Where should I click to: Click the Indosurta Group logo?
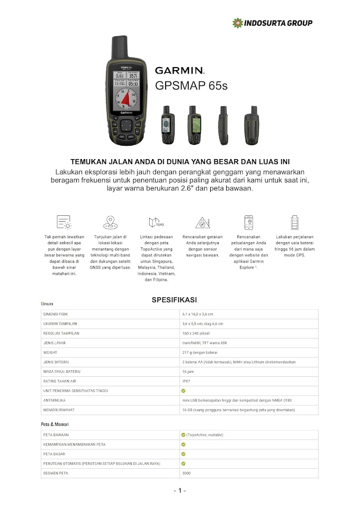click(272, 23)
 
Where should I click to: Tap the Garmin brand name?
click(180, 71)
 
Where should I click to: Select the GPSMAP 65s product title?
click(191, 85)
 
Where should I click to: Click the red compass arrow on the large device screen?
click(127, 99)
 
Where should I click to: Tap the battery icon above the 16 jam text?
click(295, 222)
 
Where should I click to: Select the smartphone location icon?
click(249, 222)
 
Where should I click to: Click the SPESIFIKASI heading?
click(174, 300)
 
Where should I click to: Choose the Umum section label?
click(47, 303)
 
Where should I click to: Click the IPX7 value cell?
click(186, 381)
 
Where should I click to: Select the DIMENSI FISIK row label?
click(55, 314)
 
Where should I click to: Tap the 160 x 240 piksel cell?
click(197, 333)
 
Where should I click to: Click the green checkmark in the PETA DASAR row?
click(183, 454)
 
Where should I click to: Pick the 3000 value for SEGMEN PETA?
click(186, 473)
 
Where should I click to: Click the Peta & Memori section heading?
click(55, 424)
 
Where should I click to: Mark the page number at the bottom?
click(180, 491)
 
